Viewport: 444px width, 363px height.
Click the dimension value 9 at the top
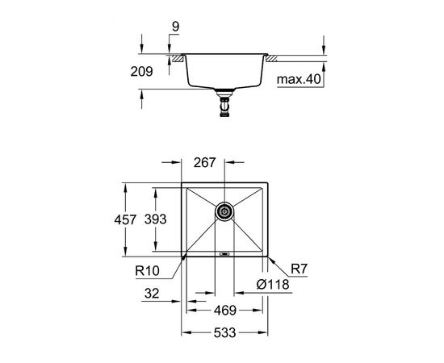tap(175, 27)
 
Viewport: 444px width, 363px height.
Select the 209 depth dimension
tap(141, 71)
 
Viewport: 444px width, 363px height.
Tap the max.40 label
tap(299, 80)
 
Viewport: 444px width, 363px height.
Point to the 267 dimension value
tap(204, 162)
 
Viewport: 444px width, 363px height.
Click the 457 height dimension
tap(125, 219)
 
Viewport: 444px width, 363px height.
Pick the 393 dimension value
tap(155, 219)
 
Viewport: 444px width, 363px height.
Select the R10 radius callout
tap(147, 271)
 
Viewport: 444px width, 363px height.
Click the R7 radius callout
tap(299, 269)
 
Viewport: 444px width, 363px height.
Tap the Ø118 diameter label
tap(273, 284)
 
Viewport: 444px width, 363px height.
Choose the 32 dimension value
tap(152, 294)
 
